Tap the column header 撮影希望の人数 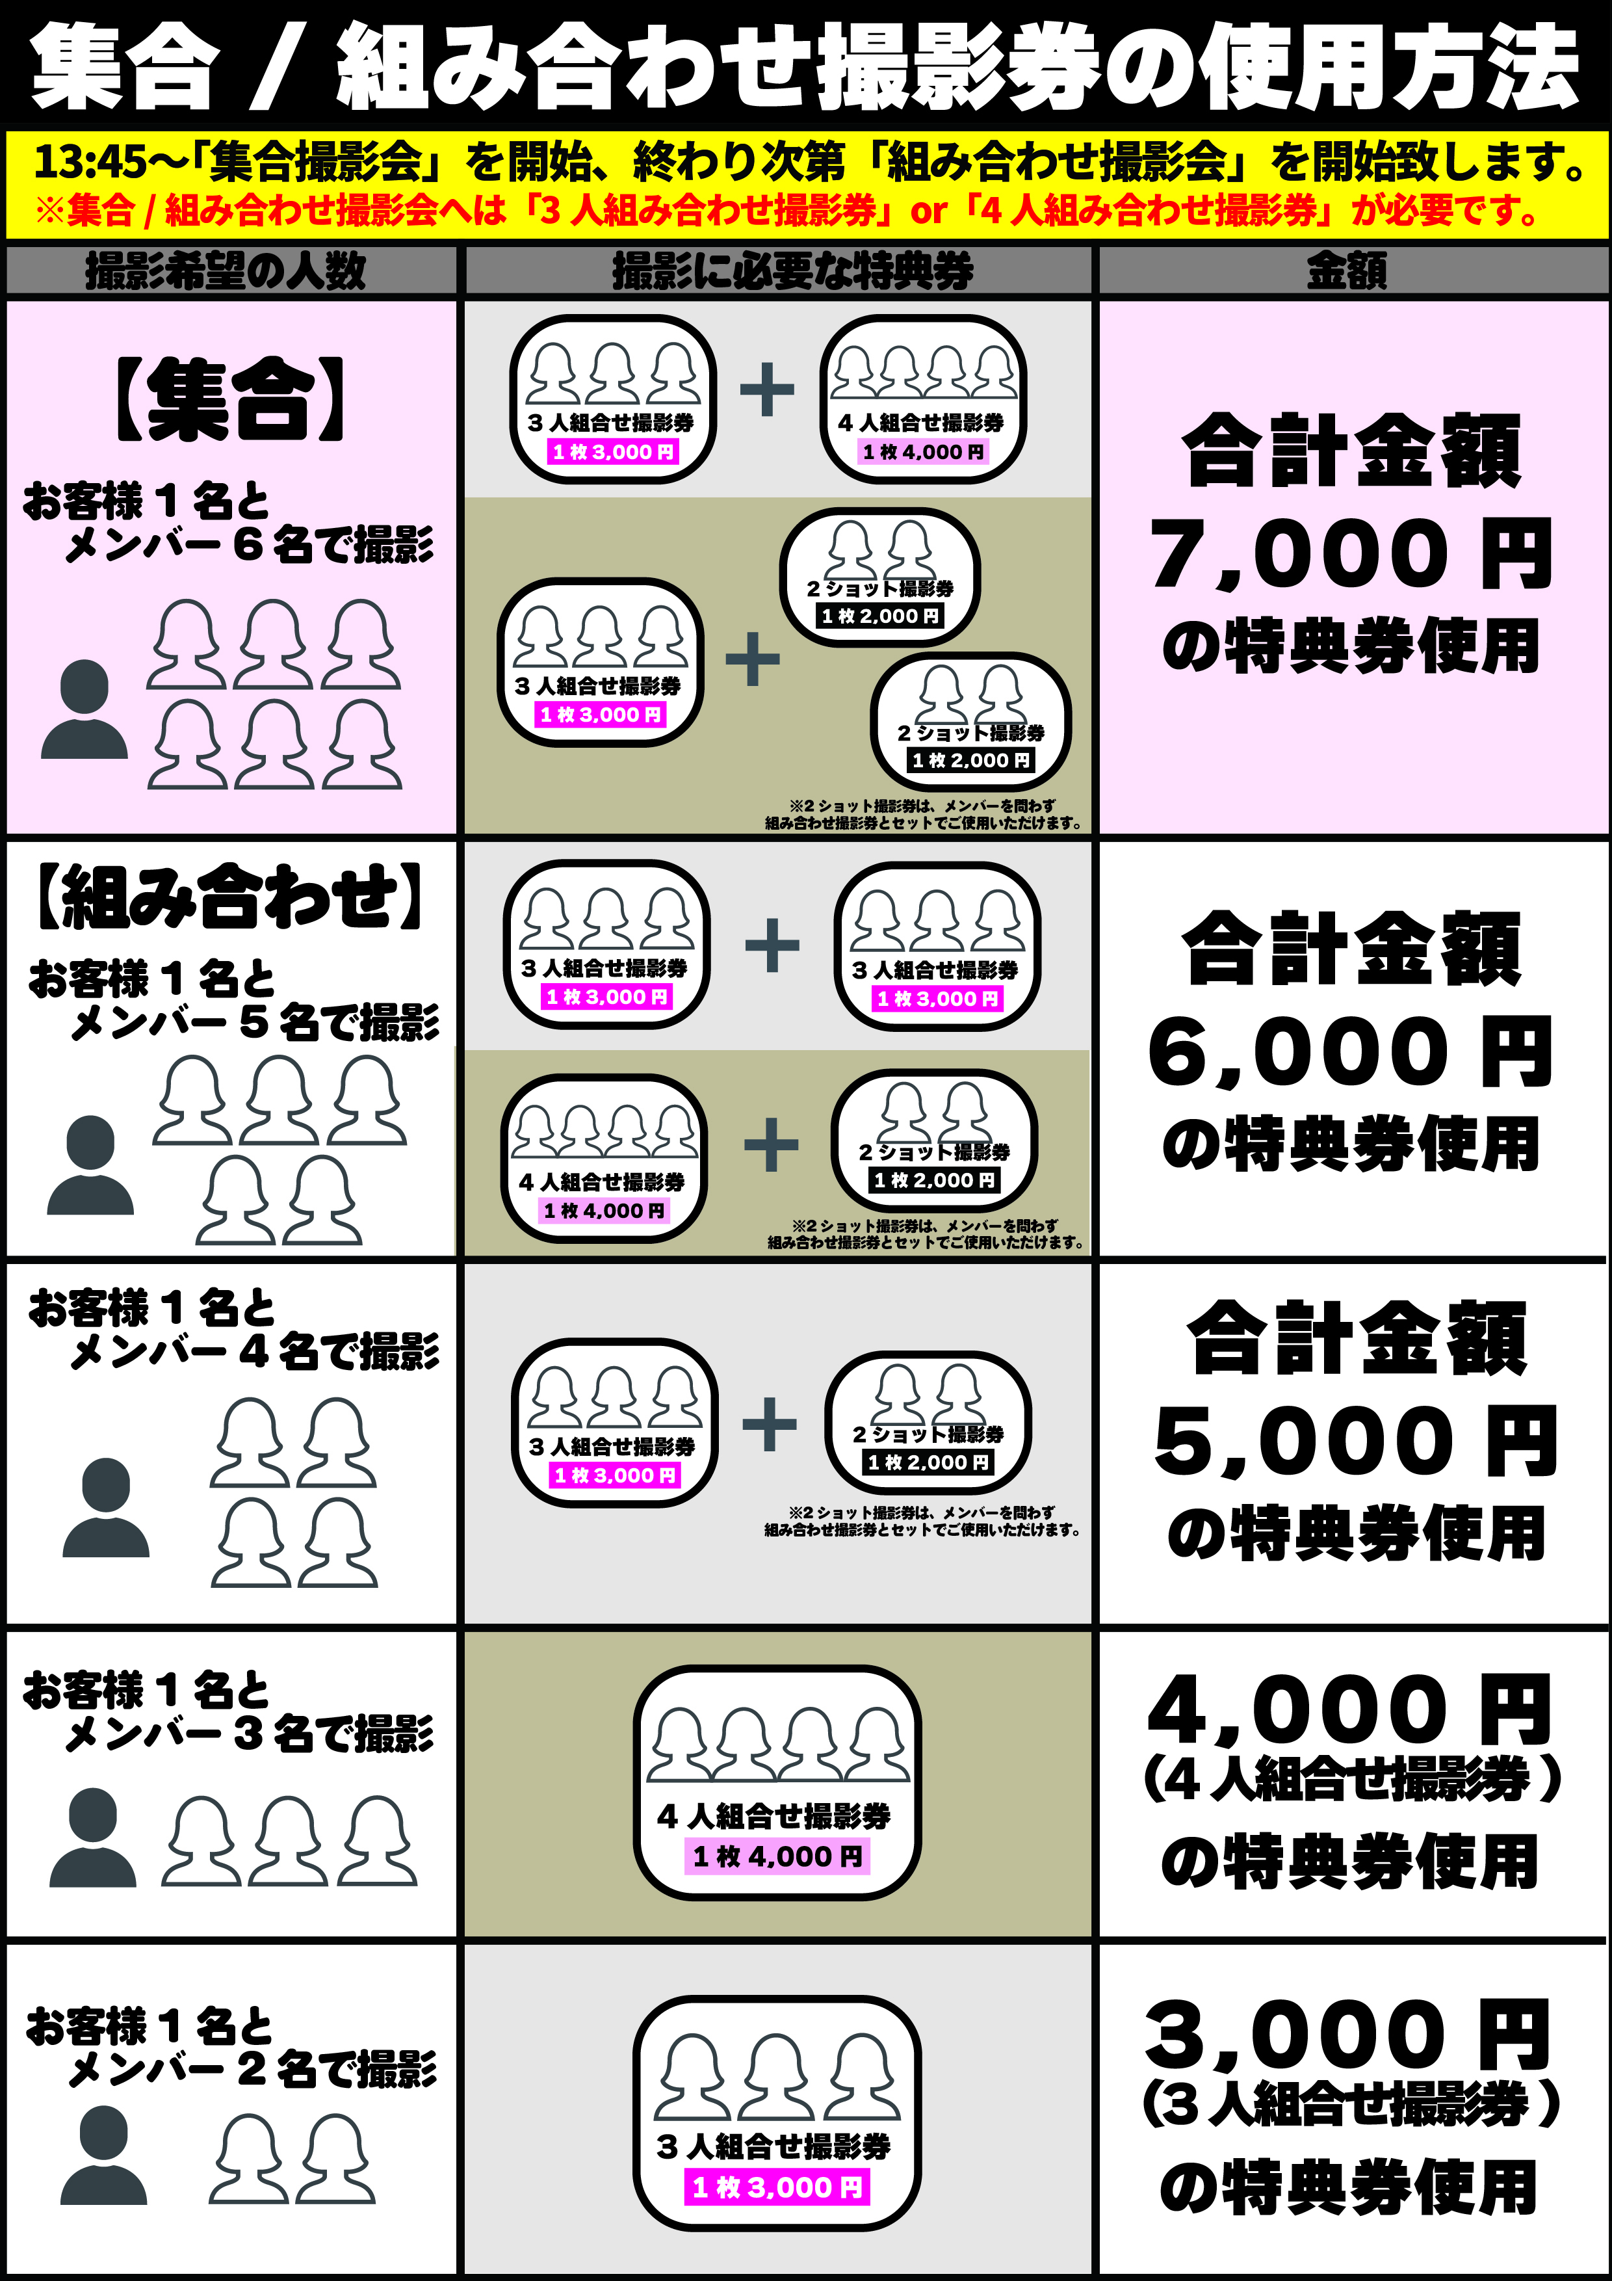[226, 270]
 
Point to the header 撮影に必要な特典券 [792, 270]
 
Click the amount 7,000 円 [1351, 555]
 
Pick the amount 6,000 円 [1351, 1053]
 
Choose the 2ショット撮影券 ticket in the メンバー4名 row [928, 1423]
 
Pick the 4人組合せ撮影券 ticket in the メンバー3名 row [777, 1784]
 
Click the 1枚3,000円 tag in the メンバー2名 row [777, 2187]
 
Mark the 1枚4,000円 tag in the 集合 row [923, 452]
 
